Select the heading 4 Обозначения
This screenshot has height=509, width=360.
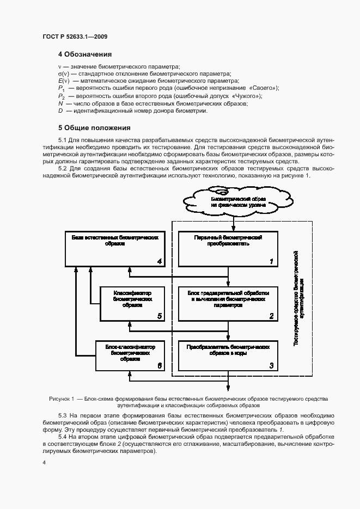coord(85,54)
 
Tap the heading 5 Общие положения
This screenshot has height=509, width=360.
coord(94,128)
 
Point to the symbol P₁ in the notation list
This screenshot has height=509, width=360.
coord(62,88)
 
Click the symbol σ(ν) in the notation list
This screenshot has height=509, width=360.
coord(63,73)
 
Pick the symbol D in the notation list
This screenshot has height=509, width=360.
coord(60,111)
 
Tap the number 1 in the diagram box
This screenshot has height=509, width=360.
coord(271,262)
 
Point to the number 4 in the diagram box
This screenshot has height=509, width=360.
coord(159,262)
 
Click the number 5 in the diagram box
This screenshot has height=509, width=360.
coord(159,316)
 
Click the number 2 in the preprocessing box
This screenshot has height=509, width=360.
coord(271,316)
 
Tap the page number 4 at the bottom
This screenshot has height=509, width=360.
coord(44,462)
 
